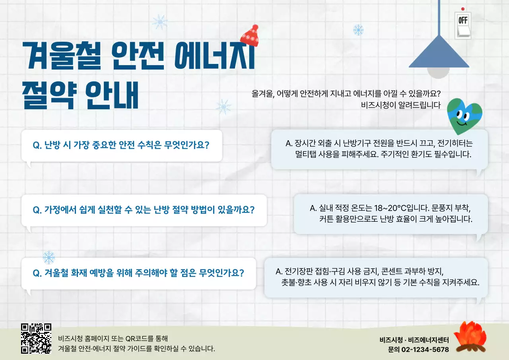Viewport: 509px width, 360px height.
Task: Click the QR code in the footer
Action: click(x=36, y=339)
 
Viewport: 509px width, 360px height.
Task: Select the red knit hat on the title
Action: click(x=250, y=35)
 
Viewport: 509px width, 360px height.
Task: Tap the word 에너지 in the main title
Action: click(x=214, y=56)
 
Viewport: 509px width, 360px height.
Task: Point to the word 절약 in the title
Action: click(x=49, y=95)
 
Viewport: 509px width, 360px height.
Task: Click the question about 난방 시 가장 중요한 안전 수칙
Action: click(x=121, y=145)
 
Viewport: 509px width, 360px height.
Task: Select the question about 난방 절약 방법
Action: click(x=143, y=210)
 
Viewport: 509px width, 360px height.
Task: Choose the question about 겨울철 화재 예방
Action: click(x=138, y=273)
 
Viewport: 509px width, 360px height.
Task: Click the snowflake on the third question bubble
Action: click(x=49, y=257)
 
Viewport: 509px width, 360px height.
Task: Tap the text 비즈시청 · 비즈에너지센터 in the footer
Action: click(x=414, y=340)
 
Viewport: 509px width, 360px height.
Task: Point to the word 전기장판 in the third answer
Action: click(x=298, y=272)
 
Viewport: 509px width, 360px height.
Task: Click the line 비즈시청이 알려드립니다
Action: click(x=400, y=105)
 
